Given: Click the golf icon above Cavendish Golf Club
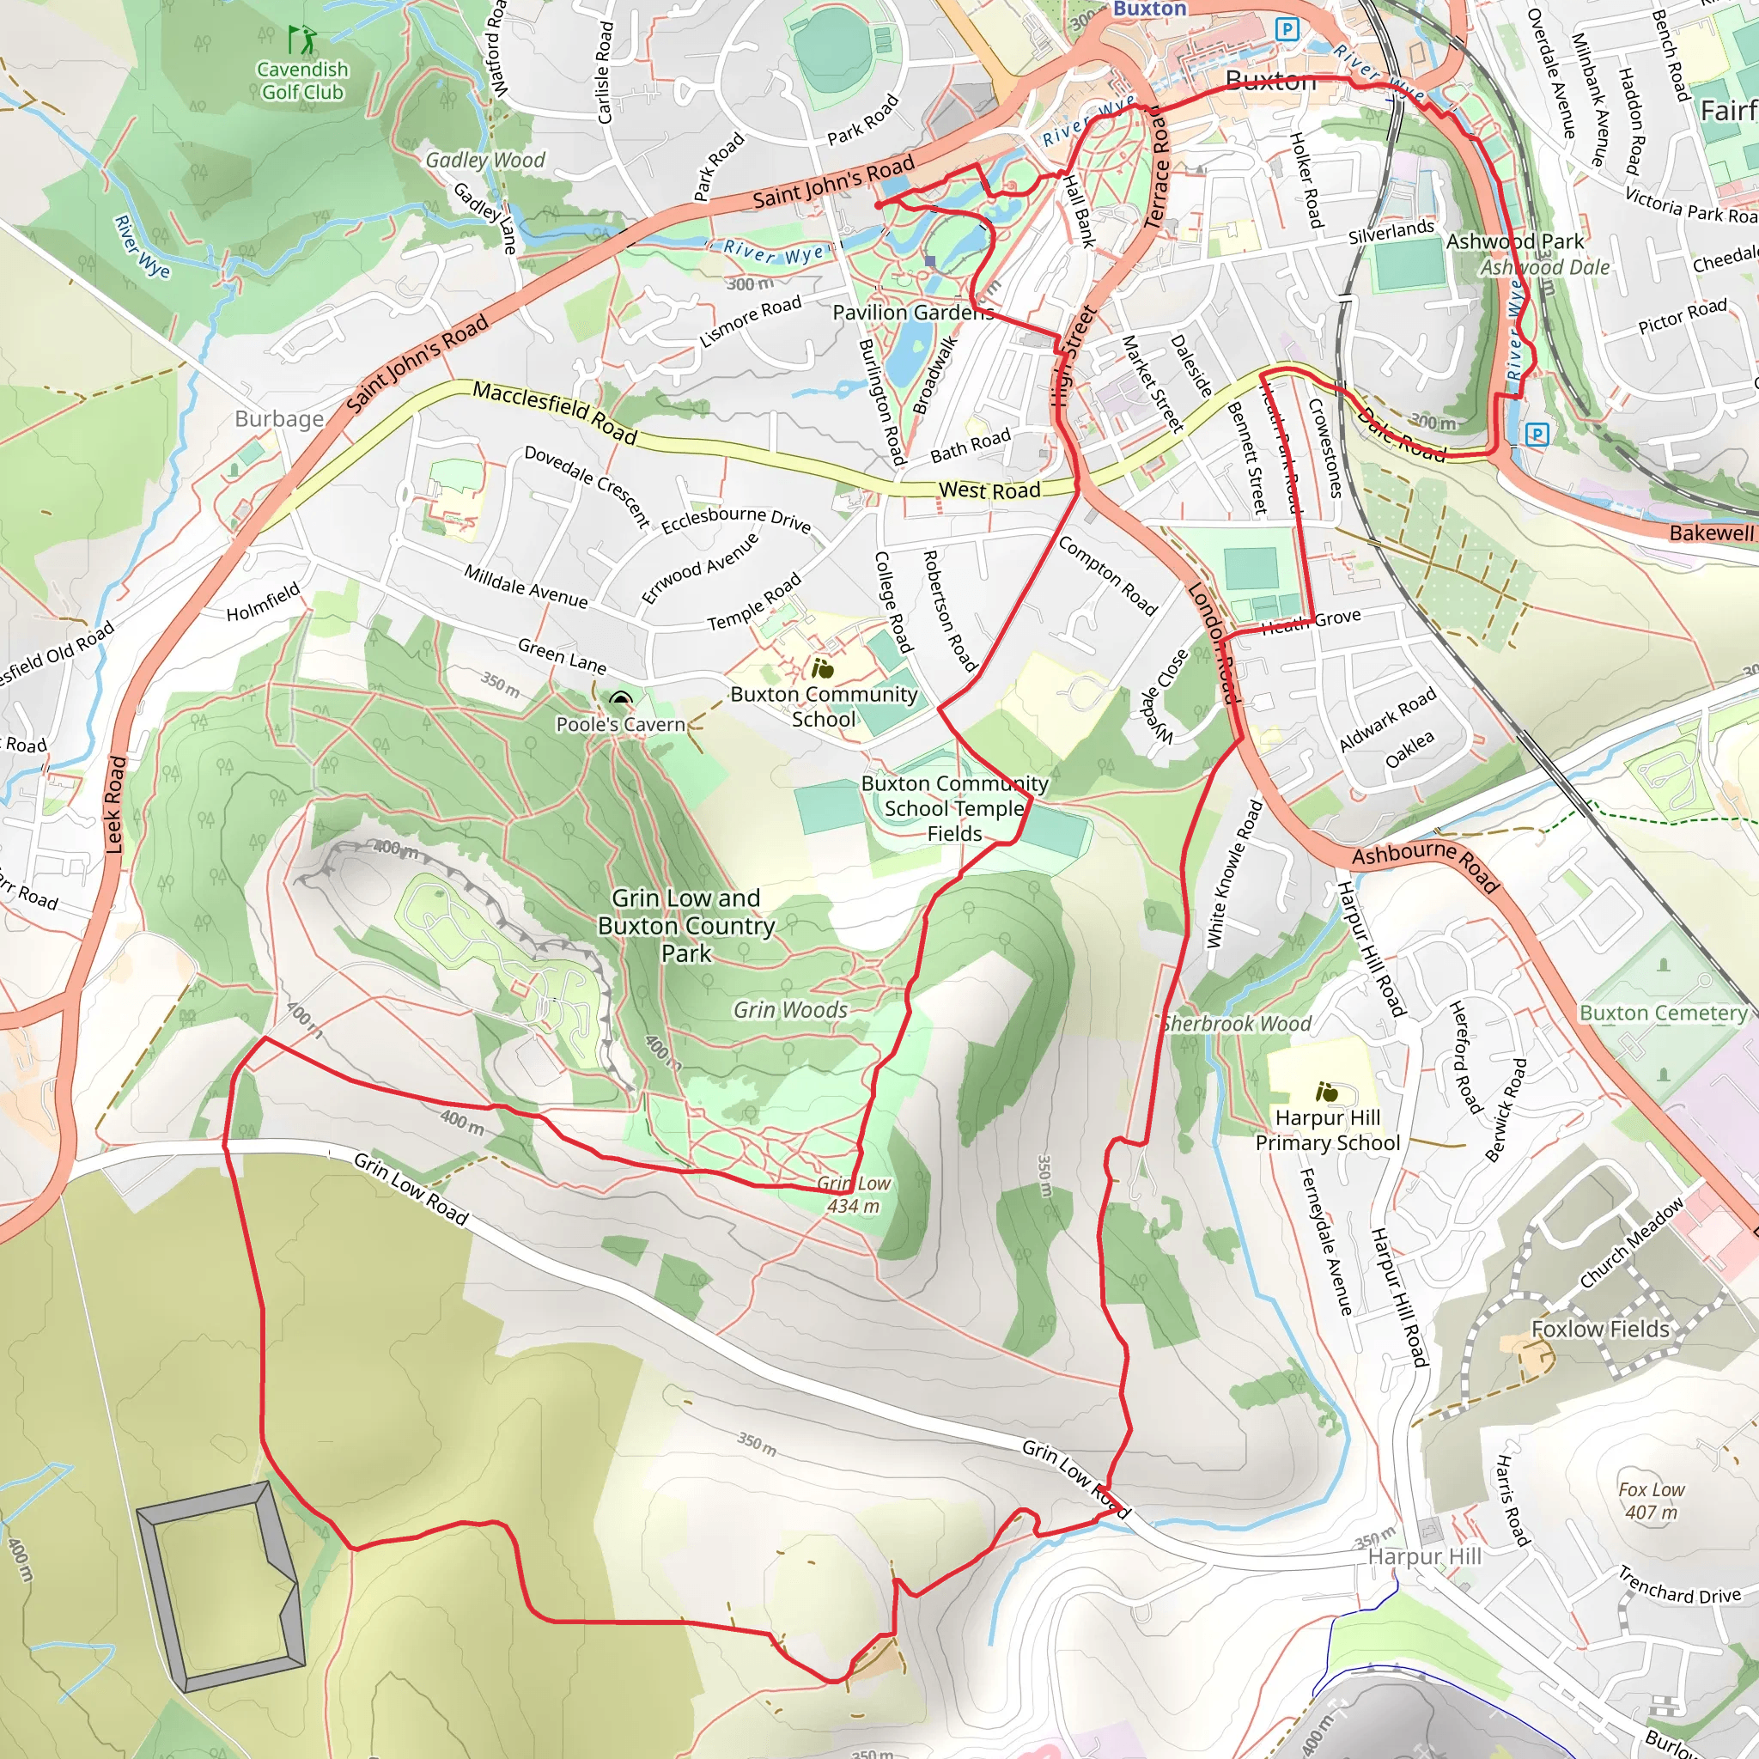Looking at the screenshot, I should pyautogui.click(x=302, y=40).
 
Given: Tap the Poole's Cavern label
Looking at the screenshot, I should pyautogui.click(x=620, y=725).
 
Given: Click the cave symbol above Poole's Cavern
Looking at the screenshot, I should pyautogui.click(x=621, y=699).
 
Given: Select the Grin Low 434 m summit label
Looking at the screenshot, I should pyautogui.click(x=853, y=1195).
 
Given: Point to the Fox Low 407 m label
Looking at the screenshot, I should pyautogui.click(x=1652, y=1500).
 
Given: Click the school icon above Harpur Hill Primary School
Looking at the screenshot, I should pyautogui.click(x=1328, y=1091).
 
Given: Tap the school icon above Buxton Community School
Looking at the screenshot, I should pyautogui.click(x=823, y=669).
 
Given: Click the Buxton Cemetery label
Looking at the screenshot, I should pyautogui.click(x=1664, y=1013).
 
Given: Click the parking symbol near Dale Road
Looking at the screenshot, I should pyautogui.click(x=1537, y=434).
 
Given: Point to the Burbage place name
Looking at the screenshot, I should pyautogui.click(x=278, y=419).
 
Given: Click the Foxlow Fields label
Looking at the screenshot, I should pyautogui.click(x=1601, y=1330).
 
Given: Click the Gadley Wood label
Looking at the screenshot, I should pyautogui.click(x=485, y=161).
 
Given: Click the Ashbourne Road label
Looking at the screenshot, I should pyautogui.click(x=1425, y=865).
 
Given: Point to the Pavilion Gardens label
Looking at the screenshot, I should pyautogui.click(x=912, y=313).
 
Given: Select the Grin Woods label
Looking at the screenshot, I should pyautogui.click(x=790, y=1010).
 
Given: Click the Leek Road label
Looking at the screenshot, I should pyautogui.click(x=114, y=804).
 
